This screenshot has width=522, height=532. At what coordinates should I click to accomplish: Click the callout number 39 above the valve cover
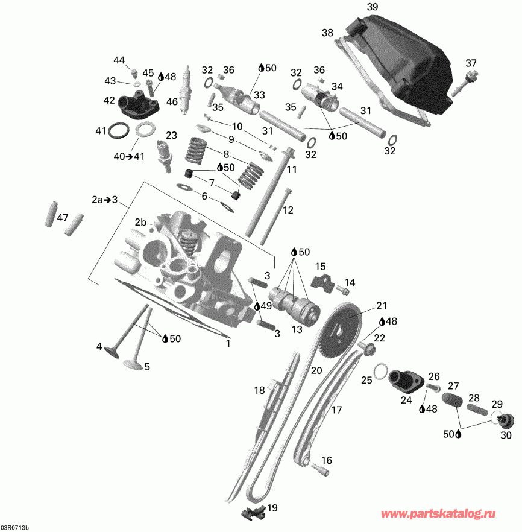[x=373, y=7]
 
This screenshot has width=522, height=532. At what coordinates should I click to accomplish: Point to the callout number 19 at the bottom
[x=272, y=507]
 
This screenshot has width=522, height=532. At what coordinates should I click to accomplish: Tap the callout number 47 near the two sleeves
[x=63, y=218]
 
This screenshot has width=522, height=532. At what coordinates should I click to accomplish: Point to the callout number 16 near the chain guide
[x=326, y=461]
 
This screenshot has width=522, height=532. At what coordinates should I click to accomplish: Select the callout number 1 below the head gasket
[x=228, y=344]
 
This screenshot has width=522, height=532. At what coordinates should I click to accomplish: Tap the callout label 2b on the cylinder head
[x=141, y=222]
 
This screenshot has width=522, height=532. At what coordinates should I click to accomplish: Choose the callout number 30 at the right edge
[x=506, y=435]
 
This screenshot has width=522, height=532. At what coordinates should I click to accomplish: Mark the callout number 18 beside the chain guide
[x=259, y=390]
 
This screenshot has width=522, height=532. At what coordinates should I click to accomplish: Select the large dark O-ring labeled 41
[x=120, y=130]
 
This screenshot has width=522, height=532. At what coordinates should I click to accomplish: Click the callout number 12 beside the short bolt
[x=288, y=210]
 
